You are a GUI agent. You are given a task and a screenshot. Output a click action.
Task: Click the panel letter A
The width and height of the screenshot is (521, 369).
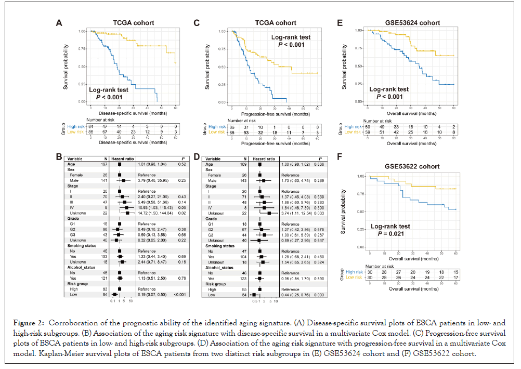60,23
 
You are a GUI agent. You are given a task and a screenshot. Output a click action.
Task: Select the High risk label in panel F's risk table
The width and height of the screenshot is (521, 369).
355,272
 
